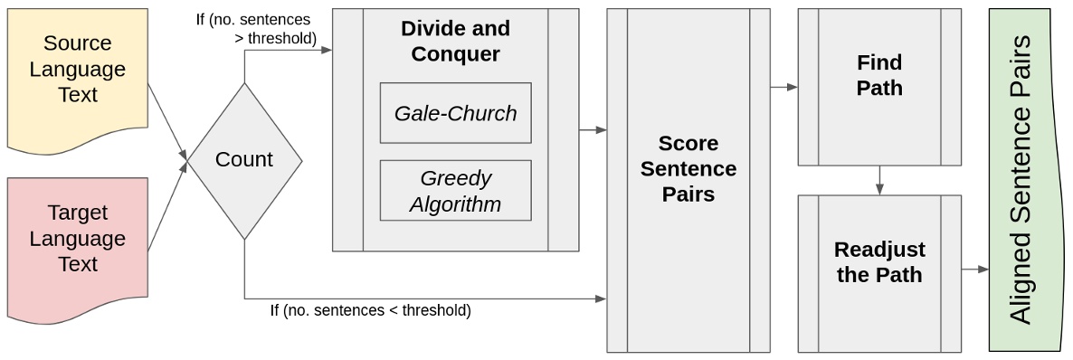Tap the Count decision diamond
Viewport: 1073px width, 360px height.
tap(244, 160)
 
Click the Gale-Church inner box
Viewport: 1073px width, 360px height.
tap(455, 113)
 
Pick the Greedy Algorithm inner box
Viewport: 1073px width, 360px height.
tap(455, 191)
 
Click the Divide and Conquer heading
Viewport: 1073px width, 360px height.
tap(455, 41)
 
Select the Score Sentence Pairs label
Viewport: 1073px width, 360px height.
tap(688, 168)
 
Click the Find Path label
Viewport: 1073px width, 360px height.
tap(878, 75)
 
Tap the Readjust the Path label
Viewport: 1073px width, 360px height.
tap(878, 261)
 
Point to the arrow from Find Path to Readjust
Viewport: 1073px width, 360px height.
tap(879, 180)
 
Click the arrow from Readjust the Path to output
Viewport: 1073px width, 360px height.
tap(975, 269)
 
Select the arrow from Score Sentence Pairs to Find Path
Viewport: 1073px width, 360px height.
tap(783, 88)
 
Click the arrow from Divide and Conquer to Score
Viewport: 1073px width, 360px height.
tap(593, 130)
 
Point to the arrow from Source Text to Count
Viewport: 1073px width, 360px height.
tap(168, 121)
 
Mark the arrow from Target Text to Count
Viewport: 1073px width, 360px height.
tap(167, 207)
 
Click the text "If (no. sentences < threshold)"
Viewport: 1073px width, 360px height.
tap(370, 310)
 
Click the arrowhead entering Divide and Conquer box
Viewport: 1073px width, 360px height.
tap(327, 50)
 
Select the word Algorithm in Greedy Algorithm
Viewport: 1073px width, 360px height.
tap(455, 204)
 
